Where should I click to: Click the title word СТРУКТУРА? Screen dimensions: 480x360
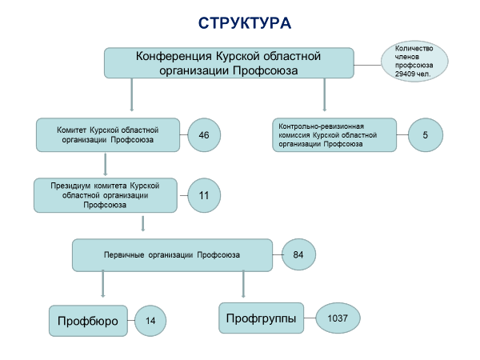(x=245, y=23)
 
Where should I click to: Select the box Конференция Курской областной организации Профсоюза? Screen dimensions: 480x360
(x=229, y=63)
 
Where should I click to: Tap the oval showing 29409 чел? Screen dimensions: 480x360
(x=414, y=62)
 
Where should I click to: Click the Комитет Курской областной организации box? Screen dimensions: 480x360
(x=108, y=135)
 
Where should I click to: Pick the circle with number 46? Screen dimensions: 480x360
(x=204, y=135)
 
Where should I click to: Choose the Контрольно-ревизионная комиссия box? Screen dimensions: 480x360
(x=334, y=135)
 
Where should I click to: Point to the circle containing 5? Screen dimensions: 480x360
(x=426, y=135)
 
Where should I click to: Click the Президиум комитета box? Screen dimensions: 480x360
(x=106, y=195)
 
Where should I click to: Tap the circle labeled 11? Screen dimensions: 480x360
(x=204, y=195)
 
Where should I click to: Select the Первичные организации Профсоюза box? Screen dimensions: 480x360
(x=172, y=255)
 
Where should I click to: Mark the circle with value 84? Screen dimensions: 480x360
(x=298, y=254)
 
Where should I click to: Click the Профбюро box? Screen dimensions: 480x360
(x=88, y=321)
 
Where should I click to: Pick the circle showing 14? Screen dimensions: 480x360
(x=150, y=321)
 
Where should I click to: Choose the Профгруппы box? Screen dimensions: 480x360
(x=261, y=318)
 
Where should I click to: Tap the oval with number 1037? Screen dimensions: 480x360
(x=338, y=318)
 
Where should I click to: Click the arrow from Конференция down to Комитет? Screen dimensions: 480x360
(x=132, y=95)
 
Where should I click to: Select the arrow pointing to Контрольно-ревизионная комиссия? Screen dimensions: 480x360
(x=325, y=95)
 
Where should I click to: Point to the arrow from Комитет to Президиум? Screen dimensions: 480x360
(x=106, y=164)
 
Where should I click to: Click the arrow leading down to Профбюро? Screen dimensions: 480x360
(x=103, y=284)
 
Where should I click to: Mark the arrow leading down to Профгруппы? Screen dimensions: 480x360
(x=243, y=284)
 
